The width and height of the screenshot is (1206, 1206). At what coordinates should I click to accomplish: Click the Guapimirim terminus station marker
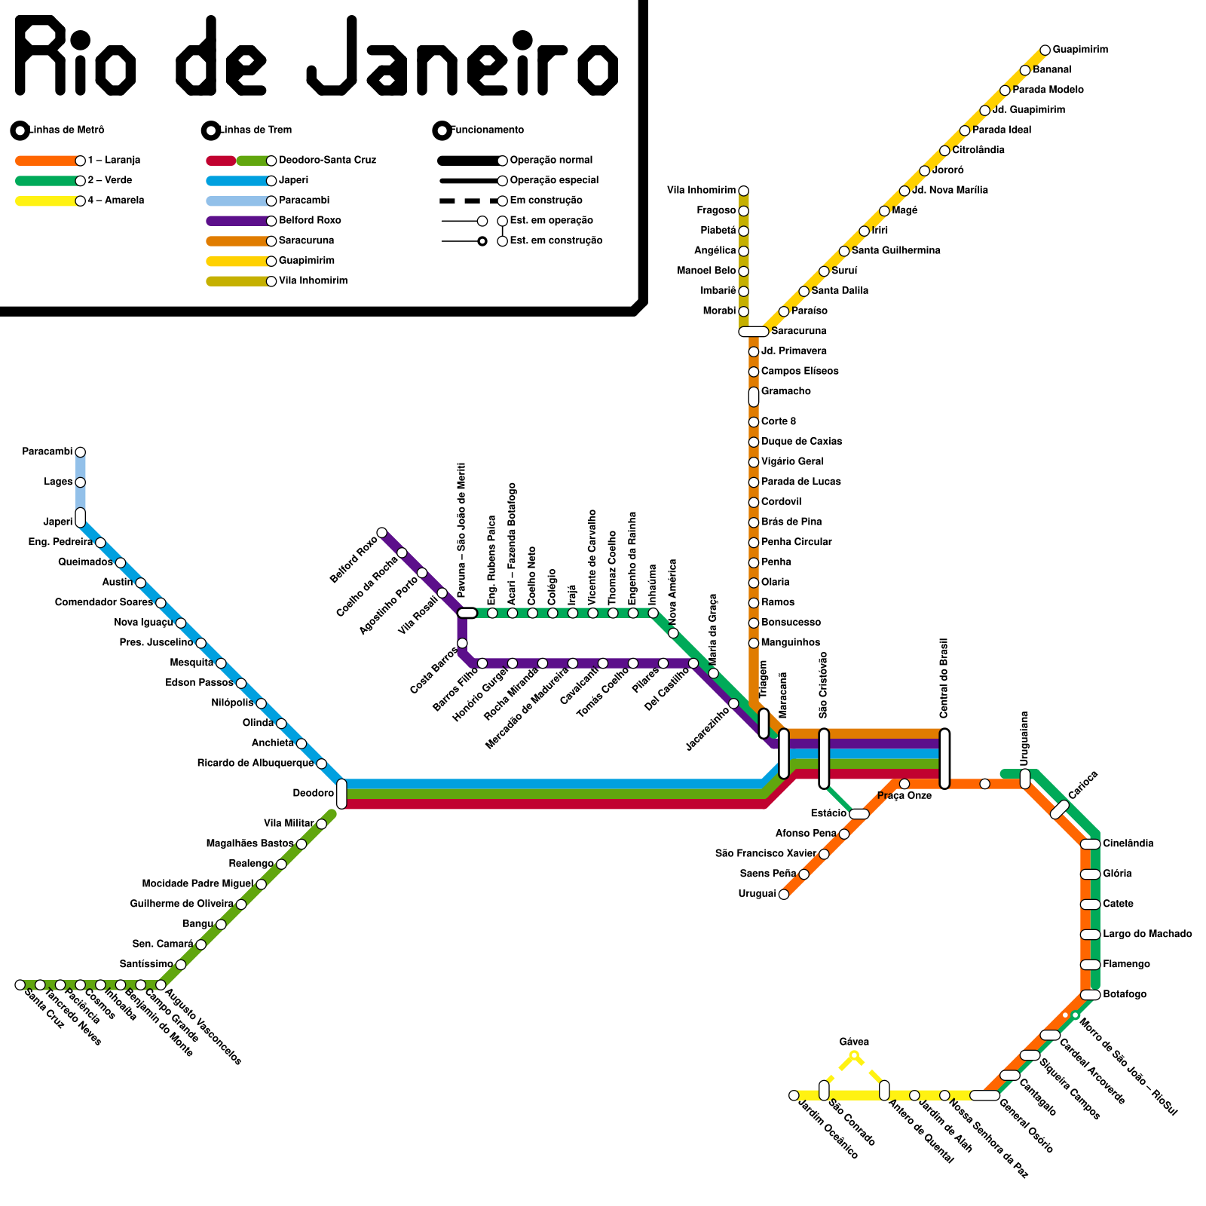(x=1045, y=51)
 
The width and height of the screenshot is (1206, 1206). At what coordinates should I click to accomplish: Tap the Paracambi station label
(x=47, y=451)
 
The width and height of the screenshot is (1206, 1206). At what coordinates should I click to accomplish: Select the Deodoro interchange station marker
(x=341, y=794)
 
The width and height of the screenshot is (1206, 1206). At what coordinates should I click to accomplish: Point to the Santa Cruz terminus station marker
(x=20, y=984)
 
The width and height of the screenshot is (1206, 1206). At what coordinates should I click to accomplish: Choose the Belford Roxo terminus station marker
(x=381, y=533)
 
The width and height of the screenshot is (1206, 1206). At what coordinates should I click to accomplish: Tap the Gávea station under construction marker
(x=854, y=1055)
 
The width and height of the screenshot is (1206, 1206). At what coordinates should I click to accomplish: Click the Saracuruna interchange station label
(x=798, y=331)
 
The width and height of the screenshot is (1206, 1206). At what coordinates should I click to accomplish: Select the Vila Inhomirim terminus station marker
(x=743, y=191)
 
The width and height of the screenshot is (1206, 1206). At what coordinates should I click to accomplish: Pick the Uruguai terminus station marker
(x=784, y=894)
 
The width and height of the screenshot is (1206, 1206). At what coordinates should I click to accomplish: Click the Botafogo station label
(x=1124, y=994)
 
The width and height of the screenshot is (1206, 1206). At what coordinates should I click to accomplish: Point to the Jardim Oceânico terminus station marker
(x=794, y=1095)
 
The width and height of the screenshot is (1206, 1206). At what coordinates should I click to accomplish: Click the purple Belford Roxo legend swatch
(x=238, y=221)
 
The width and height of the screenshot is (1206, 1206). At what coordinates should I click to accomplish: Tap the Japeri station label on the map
(x=57, y=522)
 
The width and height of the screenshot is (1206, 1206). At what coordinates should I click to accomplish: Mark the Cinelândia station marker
(x=1090, y=844)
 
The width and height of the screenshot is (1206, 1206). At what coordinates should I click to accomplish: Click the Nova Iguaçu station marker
(x=180, y=623)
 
